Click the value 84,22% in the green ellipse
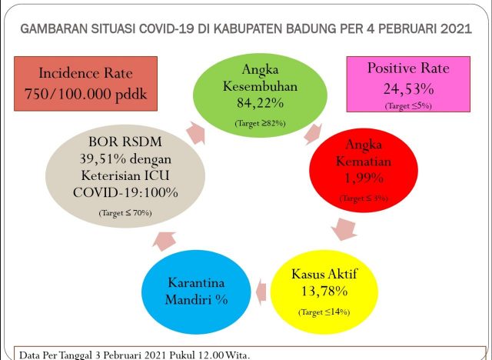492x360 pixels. click(260, 102)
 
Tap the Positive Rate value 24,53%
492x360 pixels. click(408, 88)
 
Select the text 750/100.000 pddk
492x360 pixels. click(85, 94)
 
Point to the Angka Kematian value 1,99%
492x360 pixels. click(364, 178)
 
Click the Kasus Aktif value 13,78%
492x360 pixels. click(324, 291)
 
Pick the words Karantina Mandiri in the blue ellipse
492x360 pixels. click(197, 291)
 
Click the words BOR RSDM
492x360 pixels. click(125, 142)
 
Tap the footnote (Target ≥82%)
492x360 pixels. click(260, 123)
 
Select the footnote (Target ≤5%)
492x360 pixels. click(408, 106)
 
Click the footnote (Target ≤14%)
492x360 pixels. click(324, 312)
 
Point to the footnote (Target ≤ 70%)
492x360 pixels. click(125, 213)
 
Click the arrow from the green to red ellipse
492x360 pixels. click(313, 133)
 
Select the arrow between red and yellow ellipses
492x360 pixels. click(344, 228)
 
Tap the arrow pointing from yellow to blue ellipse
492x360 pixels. click(261, 292)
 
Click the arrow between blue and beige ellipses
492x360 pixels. click(164, 242)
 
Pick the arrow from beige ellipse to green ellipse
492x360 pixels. click(196, 133)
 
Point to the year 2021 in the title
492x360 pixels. click(456, 29)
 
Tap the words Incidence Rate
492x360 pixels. click(85, 73)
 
